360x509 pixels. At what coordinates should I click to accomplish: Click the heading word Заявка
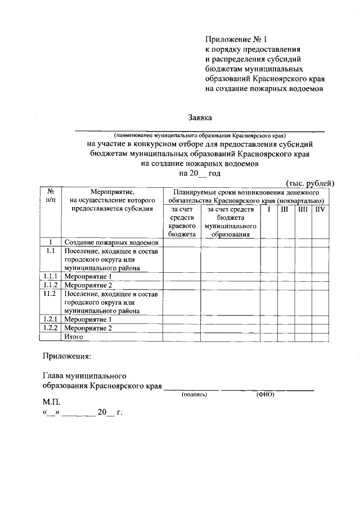[x=201, y=118]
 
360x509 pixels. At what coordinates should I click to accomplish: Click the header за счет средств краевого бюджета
[x=181, y=222]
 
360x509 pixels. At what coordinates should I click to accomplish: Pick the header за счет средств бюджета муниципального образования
[x=230, y=222]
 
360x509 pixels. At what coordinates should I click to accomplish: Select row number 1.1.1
[x=50, y=277]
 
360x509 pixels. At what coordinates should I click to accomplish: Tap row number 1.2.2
[x=50, y=327]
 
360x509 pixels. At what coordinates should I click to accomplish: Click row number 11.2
[x=50, y=294]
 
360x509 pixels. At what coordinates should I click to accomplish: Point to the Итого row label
[x=74, y=336]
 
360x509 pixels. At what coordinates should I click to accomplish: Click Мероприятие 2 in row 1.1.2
[x=88, y=285]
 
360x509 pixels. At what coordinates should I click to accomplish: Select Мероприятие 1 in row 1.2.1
[x=88, y=319]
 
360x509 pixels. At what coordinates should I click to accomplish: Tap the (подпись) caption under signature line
[x=194, y=395]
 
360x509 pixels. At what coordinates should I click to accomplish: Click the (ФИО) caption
[x=265, y=395]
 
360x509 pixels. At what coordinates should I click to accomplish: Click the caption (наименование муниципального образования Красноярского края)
[x=200, y=135]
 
